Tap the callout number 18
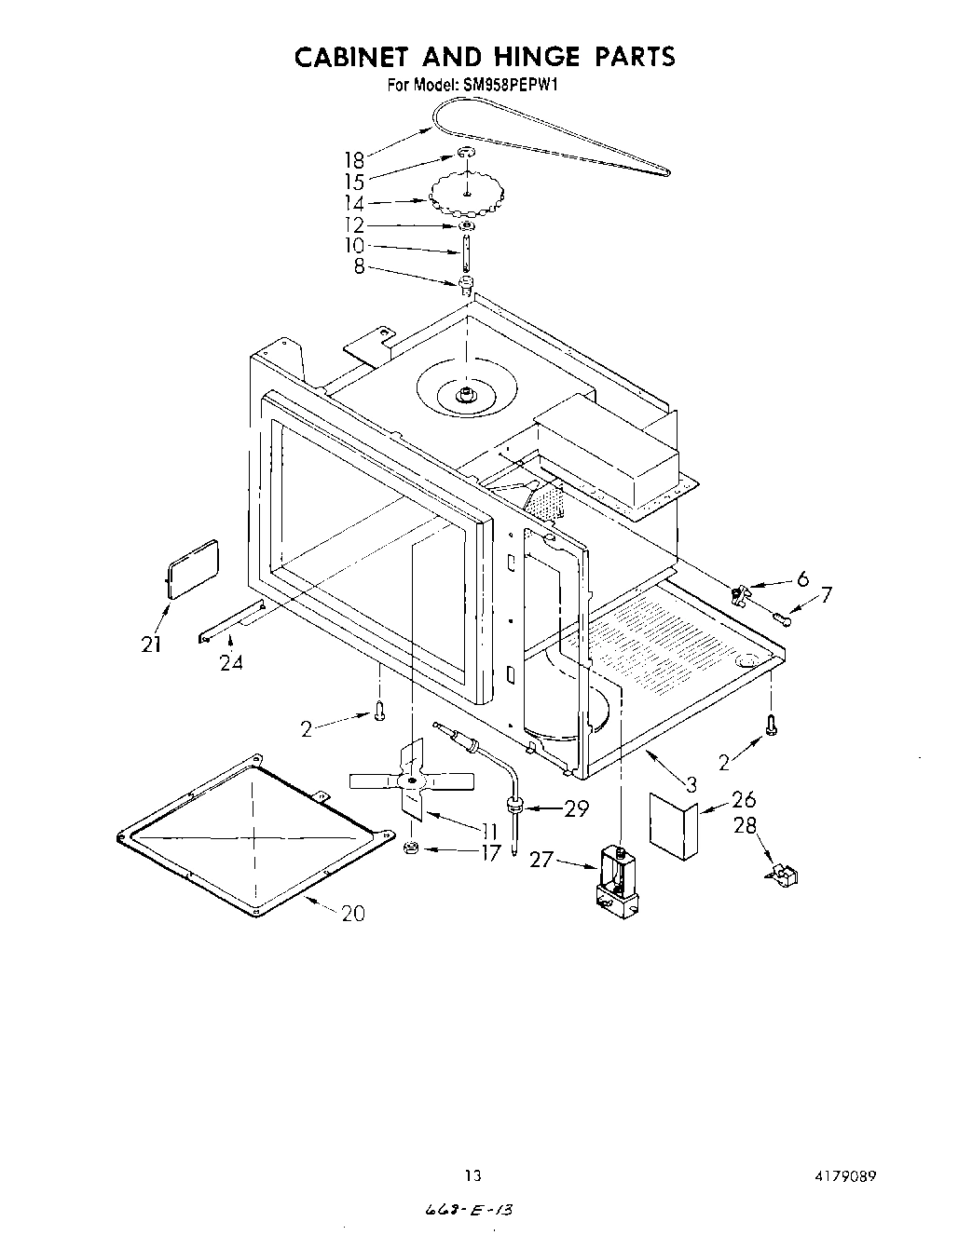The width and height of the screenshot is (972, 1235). [x=354, y=159]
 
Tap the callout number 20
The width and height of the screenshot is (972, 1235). [x=353, y=914]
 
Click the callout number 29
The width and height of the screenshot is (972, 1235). [x=577, y=808]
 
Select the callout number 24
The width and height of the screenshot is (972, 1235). [x=231, y=663]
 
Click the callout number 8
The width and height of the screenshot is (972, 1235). [x=359, y=268]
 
